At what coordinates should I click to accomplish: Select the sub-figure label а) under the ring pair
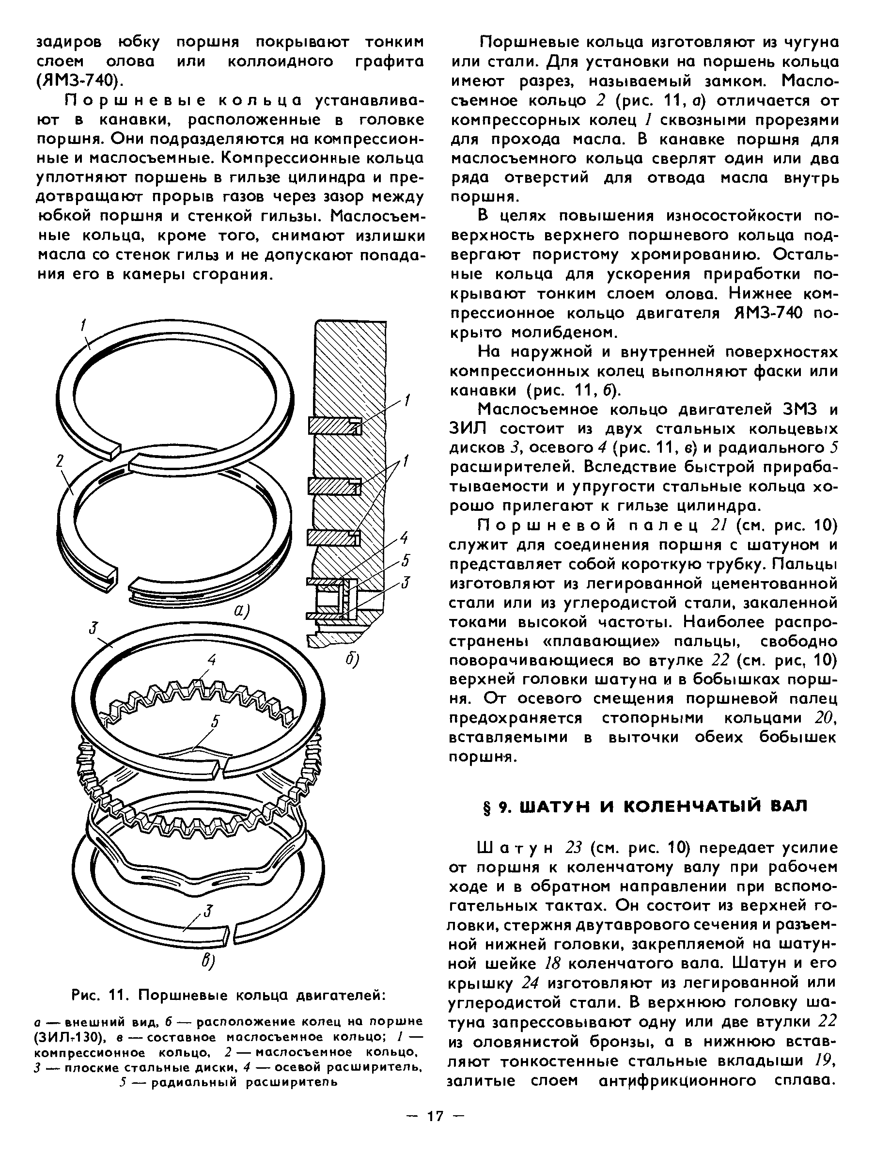241,610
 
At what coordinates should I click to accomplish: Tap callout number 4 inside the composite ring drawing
211,660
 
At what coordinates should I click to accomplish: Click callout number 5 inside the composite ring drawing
215,721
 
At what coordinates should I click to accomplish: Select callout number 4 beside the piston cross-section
404,538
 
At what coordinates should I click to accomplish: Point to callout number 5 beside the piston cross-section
406,561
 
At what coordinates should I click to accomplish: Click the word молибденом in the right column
564,332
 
